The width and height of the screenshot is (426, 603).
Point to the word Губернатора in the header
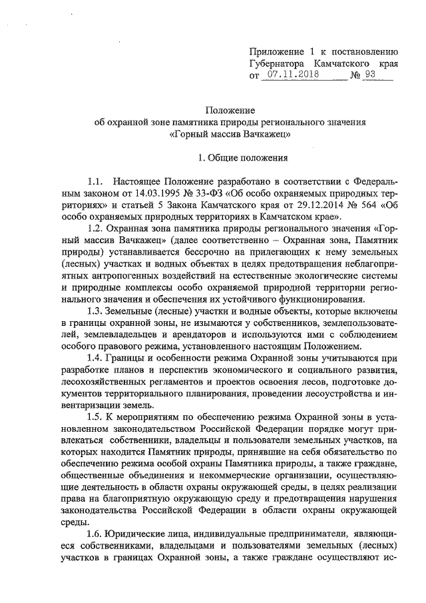(x=282, y=63)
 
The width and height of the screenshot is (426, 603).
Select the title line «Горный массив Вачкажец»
(x=230, y=134)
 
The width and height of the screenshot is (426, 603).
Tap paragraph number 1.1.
(x=95, y=181)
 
